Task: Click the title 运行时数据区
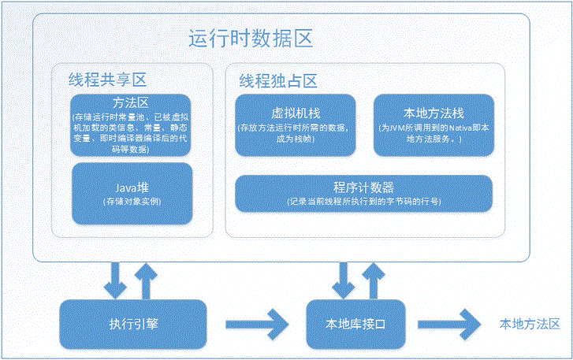click(251, 39)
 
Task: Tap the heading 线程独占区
click(277, 80)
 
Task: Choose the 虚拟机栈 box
click(295, 124)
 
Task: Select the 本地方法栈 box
click(433, 124)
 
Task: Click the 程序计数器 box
click(364, 193)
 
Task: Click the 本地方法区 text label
click(529, 324)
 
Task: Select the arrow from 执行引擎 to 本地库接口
click(257, 324)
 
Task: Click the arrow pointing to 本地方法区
click(448, 324)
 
